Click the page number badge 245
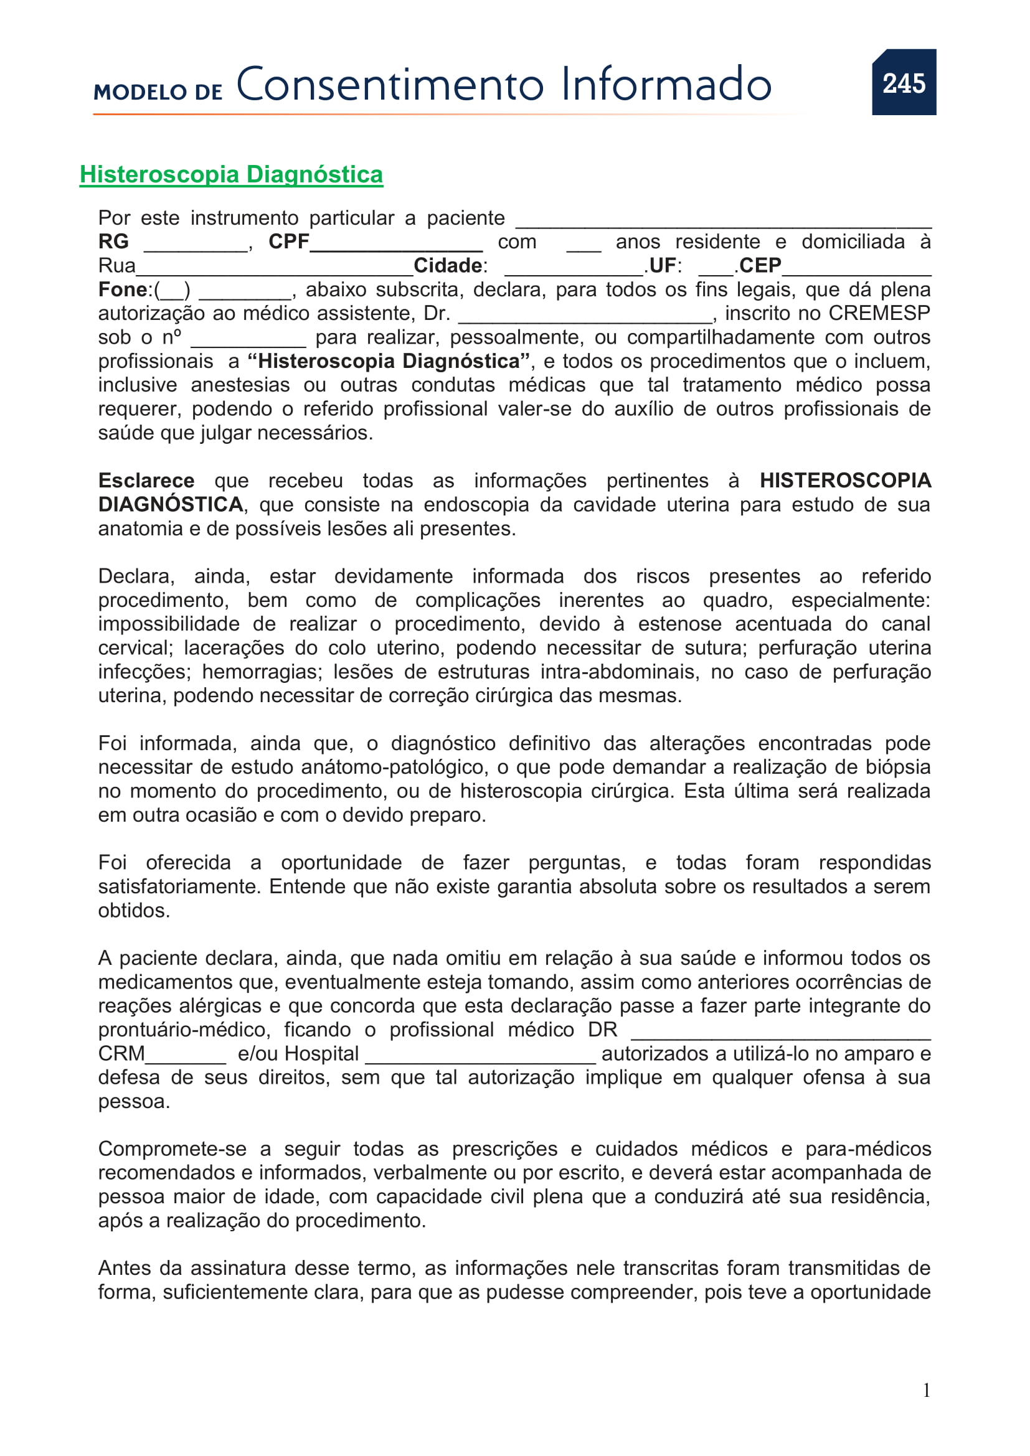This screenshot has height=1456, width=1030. coord(903,82)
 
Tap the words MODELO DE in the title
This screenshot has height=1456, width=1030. coord(158,92)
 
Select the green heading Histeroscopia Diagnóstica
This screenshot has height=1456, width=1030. coord(231,174)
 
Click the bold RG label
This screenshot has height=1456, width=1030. coord(113,242)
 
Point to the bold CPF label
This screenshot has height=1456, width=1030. coord(288,242)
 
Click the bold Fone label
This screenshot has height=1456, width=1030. coord(123,289)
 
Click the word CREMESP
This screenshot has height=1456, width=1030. coord(879,313)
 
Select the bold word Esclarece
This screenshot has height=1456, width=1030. coord(146,481)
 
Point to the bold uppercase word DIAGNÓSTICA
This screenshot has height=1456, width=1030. coord(170,504)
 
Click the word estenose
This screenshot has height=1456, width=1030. coord(679,624)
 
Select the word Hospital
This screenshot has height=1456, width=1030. coord(321,1053)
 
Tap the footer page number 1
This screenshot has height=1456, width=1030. coord(927,1391)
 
